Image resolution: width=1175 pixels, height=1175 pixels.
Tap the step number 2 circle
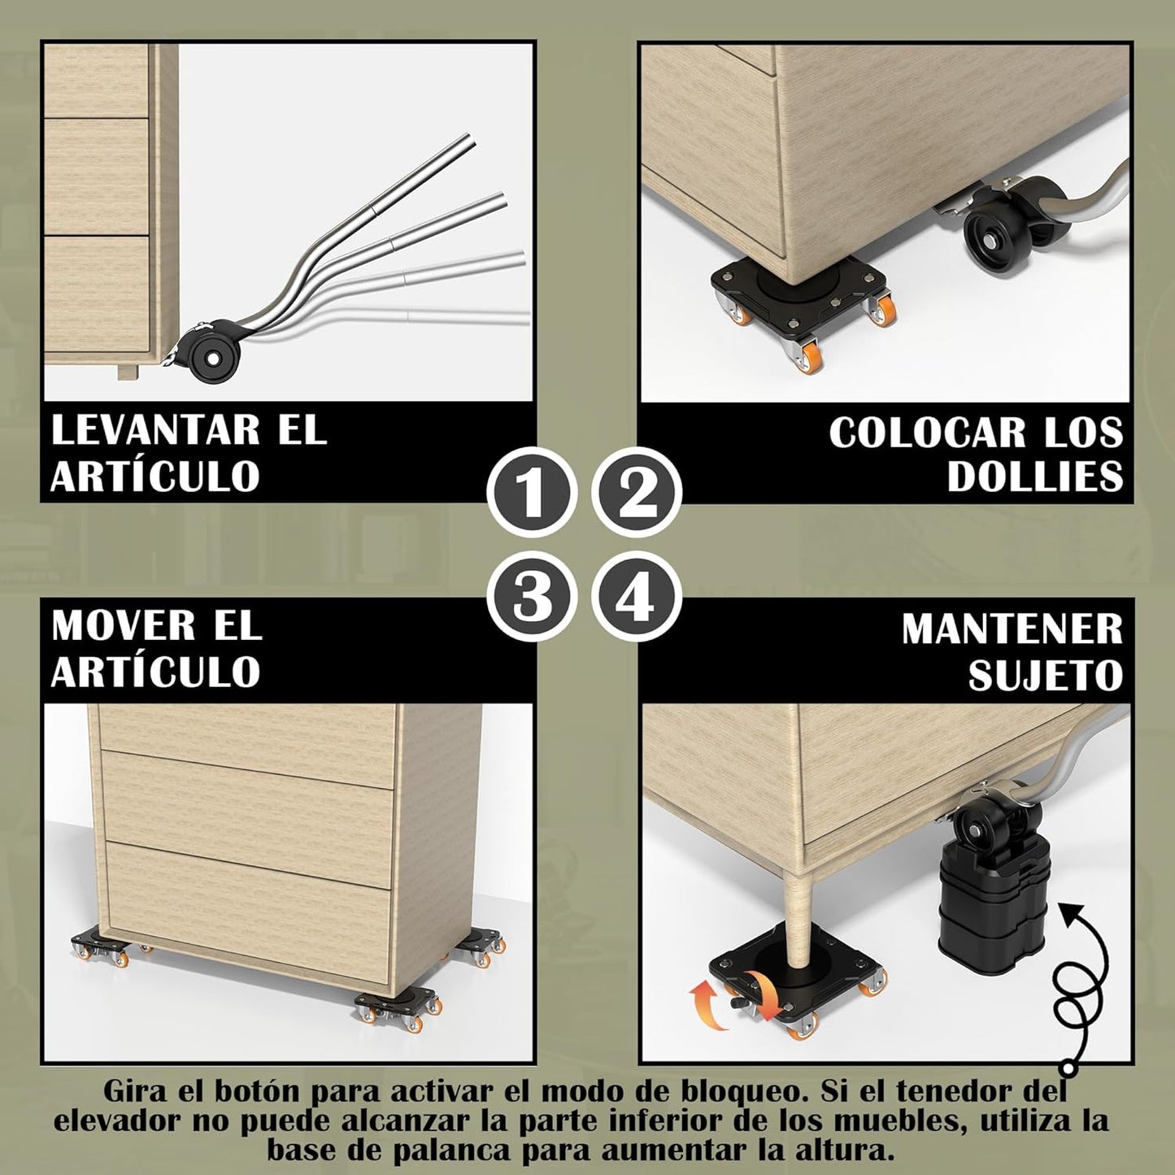(x=636, y=491)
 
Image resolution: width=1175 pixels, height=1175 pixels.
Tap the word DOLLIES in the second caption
(x=1034, y=477)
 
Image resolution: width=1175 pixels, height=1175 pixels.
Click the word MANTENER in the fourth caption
(x=1012, y=629)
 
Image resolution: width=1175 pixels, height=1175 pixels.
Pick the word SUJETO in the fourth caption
(x=1045, y=675)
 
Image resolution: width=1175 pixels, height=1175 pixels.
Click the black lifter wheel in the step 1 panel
(x=214, y=356)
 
